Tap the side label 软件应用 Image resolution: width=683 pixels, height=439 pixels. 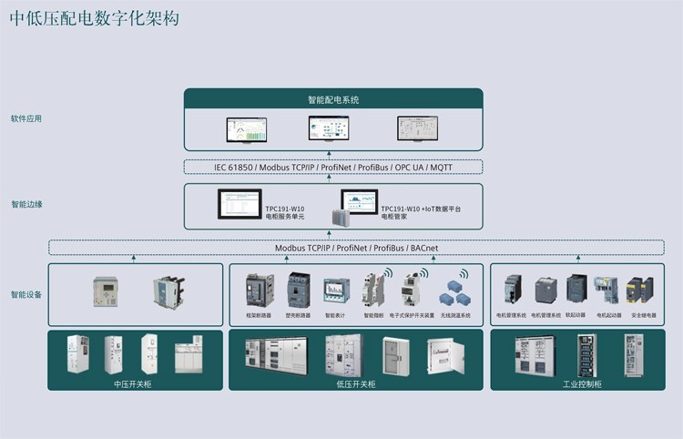click(x=25, y=119)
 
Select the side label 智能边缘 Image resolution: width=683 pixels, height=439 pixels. click(x=25, y=205)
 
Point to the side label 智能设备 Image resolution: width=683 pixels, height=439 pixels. click(x=25, y=295)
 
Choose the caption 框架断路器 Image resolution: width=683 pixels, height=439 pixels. click(x=259, y=315)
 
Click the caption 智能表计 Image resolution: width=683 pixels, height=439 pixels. click(x=334, y=315)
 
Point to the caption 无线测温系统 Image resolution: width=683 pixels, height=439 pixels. click(x=455, y=315)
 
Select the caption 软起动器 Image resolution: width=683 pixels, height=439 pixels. click(x=575, y=315)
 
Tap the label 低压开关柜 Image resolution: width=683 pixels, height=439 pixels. click(x=355, y=383)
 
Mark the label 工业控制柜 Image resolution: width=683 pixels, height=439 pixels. click(x=582, y=383)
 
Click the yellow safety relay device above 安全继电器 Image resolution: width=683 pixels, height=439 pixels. click(x=641, y=291)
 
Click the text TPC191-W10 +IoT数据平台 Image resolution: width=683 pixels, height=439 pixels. click(x=420, y=209)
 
